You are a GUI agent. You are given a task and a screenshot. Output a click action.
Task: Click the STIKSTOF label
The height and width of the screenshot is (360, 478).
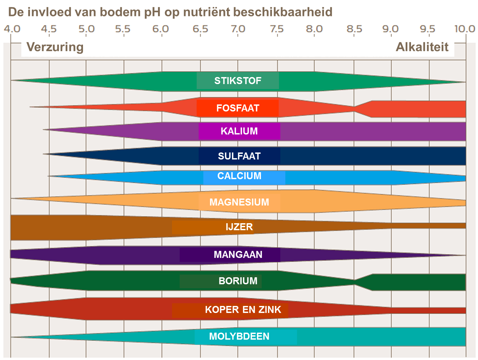click(x=238, y=81)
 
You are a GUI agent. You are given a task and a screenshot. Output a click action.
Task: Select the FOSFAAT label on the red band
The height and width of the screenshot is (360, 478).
click(x=238, y=108)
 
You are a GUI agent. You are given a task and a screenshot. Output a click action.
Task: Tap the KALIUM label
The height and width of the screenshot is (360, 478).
click(x=239, y=131)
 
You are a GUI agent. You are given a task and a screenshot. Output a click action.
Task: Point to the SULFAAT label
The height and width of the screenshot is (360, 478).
click(x=239, y=156)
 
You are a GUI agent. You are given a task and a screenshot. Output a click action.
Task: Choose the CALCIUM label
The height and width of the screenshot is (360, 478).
click(x=239, y=176)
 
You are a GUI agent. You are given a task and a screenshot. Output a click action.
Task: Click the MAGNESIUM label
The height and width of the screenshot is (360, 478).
click(x=239, y=202)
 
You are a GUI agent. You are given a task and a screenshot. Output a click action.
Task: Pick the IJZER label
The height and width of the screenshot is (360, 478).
click(x=239, y=227)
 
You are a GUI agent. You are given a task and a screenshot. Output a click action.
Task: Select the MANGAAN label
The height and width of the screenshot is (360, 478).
click(x=238, y=255)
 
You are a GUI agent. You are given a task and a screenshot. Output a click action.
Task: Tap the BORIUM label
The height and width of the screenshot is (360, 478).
click(x=238, y=281)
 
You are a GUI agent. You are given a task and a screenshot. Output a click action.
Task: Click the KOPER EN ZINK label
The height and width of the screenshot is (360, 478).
click(x=243, y=310)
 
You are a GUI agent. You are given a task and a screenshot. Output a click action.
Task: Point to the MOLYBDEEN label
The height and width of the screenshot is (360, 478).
click(x=239, y=336)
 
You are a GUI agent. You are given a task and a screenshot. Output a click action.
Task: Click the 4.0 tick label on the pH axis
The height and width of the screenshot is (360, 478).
click(x=12, y=29)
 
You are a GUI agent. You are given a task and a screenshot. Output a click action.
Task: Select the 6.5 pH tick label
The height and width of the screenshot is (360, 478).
click(x=200, y=29)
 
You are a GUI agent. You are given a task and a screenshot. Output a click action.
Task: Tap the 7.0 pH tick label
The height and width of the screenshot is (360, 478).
click(x=238, y=29)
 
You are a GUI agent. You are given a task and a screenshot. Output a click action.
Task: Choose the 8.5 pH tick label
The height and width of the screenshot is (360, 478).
click(x=354, y=29)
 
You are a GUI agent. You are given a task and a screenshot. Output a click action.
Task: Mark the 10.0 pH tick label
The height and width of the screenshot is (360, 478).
click(x=464, y=29)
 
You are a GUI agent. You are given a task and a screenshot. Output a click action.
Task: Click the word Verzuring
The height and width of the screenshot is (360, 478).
click(x=55, y=47)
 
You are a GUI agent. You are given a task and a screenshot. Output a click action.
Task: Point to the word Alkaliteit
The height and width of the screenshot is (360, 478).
click(x=422, y=47)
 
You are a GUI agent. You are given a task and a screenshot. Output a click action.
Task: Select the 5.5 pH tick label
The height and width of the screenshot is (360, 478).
click(x=123, y=29)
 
